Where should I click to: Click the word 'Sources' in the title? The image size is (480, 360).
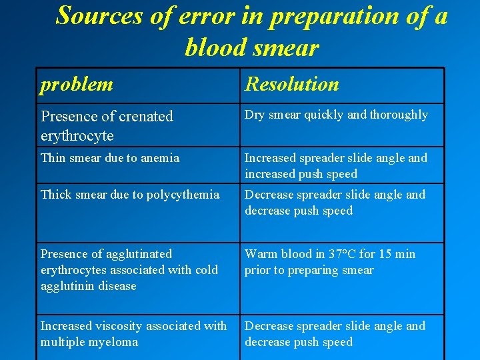[99, 15]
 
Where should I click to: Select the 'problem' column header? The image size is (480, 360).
[77, 85]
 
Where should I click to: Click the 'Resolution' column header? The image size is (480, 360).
[292, 85]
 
